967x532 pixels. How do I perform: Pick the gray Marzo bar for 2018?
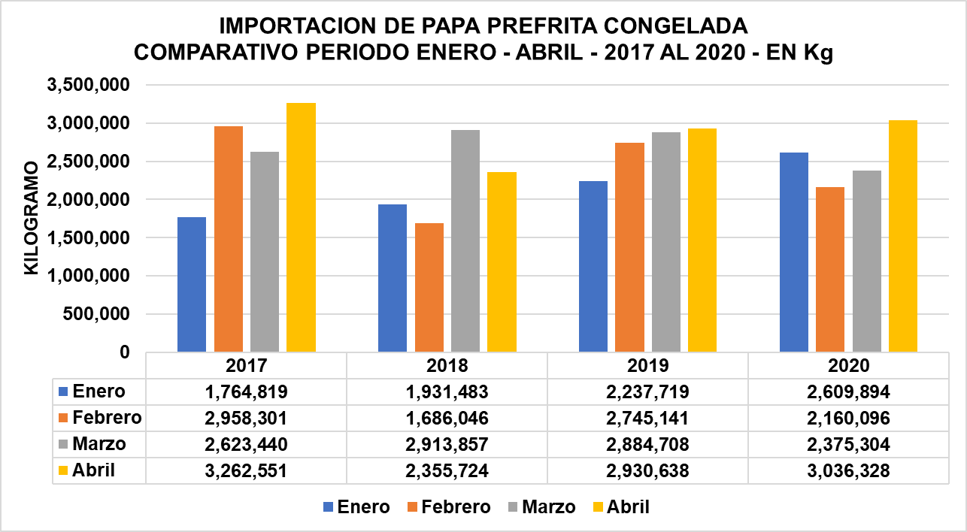pyautogui.click(x=465, y=240)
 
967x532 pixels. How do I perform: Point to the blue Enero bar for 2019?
pyautogui.click(x=593, y=266)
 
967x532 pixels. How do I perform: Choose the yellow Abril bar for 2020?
pyautogui.click(x=903, y=236)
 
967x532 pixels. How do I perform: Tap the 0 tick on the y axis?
pyautogui.click(x=125, y=352)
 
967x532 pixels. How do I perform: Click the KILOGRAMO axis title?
pyautogui.click(x=31, y=218)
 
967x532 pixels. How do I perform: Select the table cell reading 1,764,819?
pyautogui.click(x=246, y=391)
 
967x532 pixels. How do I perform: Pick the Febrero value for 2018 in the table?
pyautogui.click(x=447, y=418)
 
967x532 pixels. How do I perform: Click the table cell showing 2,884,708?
pyautogui.click(x=647, y=444)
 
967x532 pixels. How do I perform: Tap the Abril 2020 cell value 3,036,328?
pyautogui.click(x=848, y=470)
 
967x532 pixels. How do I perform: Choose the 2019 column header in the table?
pyautogui.click(x=647, y=366)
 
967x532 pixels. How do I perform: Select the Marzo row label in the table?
pyautogui.click(x=99, y=444)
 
